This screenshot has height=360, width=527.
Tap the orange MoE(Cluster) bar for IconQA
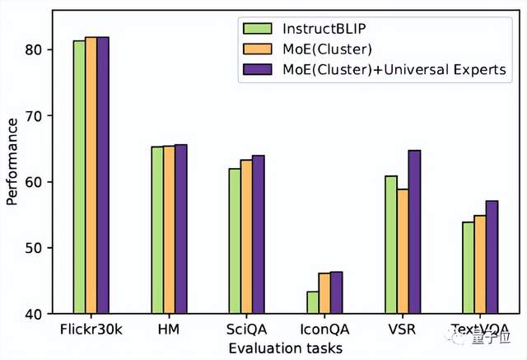pyautogui.click(x=324, y=293)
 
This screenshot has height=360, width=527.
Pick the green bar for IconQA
pyautogui.click(x=313, y=302)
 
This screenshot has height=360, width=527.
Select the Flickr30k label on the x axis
pyautogui.click(x=91, y=330)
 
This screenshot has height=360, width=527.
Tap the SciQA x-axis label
pyautogui.click(x=246, y=330)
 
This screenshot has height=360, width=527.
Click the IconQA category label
pyautogui.click(x=324, y=330)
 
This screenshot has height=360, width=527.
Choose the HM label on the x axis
pyautogui.click(x=168, y=330)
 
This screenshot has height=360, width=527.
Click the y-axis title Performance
pyautogui.click(x=12, y=161)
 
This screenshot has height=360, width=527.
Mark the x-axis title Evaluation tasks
pyautogui.click(x=286, y=348)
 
